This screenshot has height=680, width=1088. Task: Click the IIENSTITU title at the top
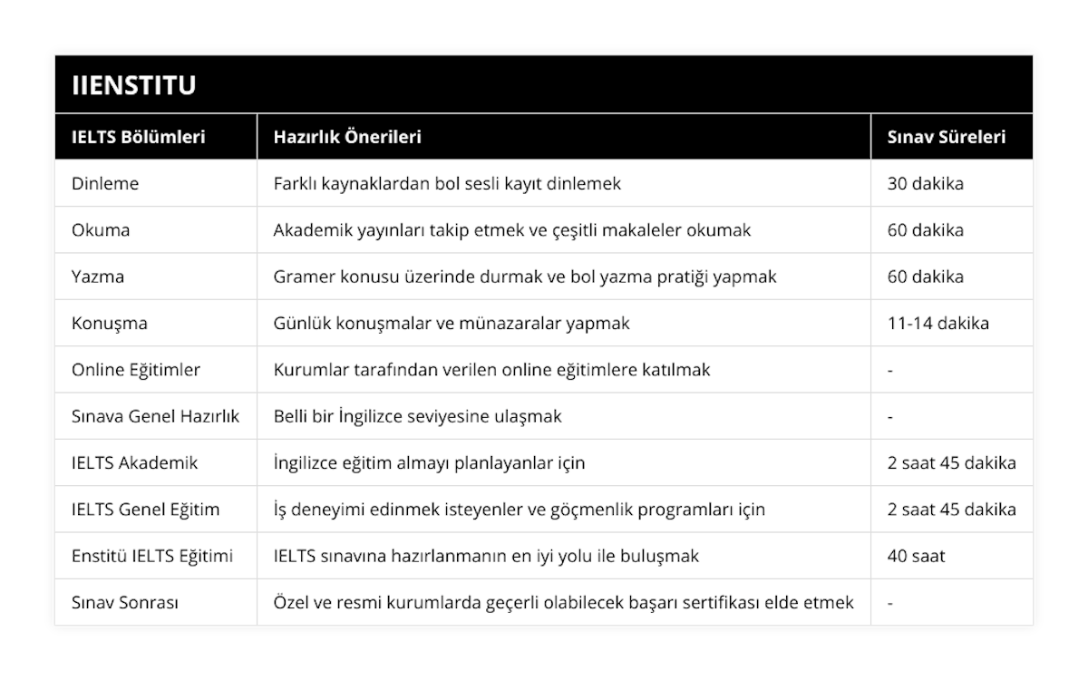pos(134,85)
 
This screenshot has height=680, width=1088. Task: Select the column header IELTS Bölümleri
pos(138,137)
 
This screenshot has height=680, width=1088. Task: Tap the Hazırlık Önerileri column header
pos(347,137)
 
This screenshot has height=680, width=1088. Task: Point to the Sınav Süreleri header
pos(946,137)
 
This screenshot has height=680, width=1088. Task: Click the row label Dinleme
pos(105,183)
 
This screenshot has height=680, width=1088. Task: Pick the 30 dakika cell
pos(925,183)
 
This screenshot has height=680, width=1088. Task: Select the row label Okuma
pos(101,230)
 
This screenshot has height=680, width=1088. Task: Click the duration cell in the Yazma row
pos(925,277)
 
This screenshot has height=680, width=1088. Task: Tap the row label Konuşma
pos(109,323)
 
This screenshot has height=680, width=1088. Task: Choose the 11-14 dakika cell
pos(937,323)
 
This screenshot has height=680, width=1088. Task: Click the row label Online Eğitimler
pos(136,370)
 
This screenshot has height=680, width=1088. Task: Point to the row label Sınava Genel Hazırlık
pos(155,416)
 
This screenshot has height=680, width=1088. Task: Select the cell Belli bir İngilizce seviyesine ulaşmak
pos(417,416)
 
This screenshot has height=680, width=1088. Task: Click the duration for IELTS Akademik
pos(951,462)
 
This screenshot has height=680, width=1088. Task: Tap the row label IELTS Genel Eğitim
pos(145,510)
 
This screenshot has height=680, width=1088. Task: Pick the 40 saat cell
pos(916,556)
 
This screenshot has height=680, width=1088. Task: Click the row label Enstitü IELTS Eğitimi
pos(151,556)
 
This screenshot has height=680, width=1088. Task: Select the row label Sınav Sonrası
pos(124,602)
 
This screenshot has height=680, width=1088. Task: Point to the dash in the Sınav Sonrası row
pos(890,602)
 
